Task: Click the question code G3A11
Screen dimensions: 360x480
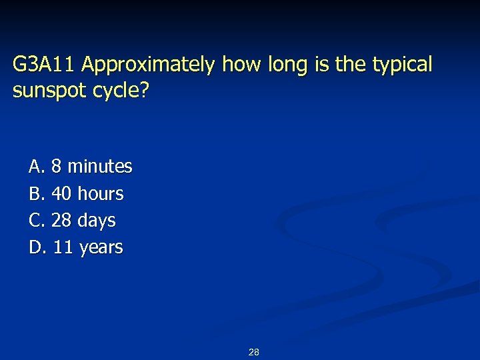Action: point(45,65)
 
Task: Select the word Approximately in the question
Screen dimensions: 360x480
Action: point(149,65)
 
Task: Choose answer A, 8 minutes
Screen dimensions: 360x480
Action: point(81,166)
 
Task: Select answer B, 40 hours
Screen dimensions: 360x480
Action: point(76,194)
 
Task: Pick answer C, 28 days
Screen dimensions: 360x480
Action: point(72,220)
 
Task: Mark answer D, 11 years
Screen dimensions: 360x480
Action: point(76,247)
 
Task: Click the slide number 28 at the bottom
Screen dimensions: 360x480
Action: point(253,352)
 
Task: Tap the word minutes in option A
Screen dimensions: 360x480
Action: point(100,166)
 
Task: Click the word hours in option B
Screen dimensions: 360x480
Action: point(101,194)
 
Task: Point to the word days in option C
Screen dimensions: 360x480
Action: point(97,220)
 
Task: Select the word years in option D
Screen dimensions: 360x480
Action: point(101,247)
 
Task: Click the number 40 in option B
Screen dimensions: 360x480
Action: point(61,194)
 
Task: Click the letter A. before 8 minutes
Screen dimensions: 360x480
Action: point(37,166)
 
